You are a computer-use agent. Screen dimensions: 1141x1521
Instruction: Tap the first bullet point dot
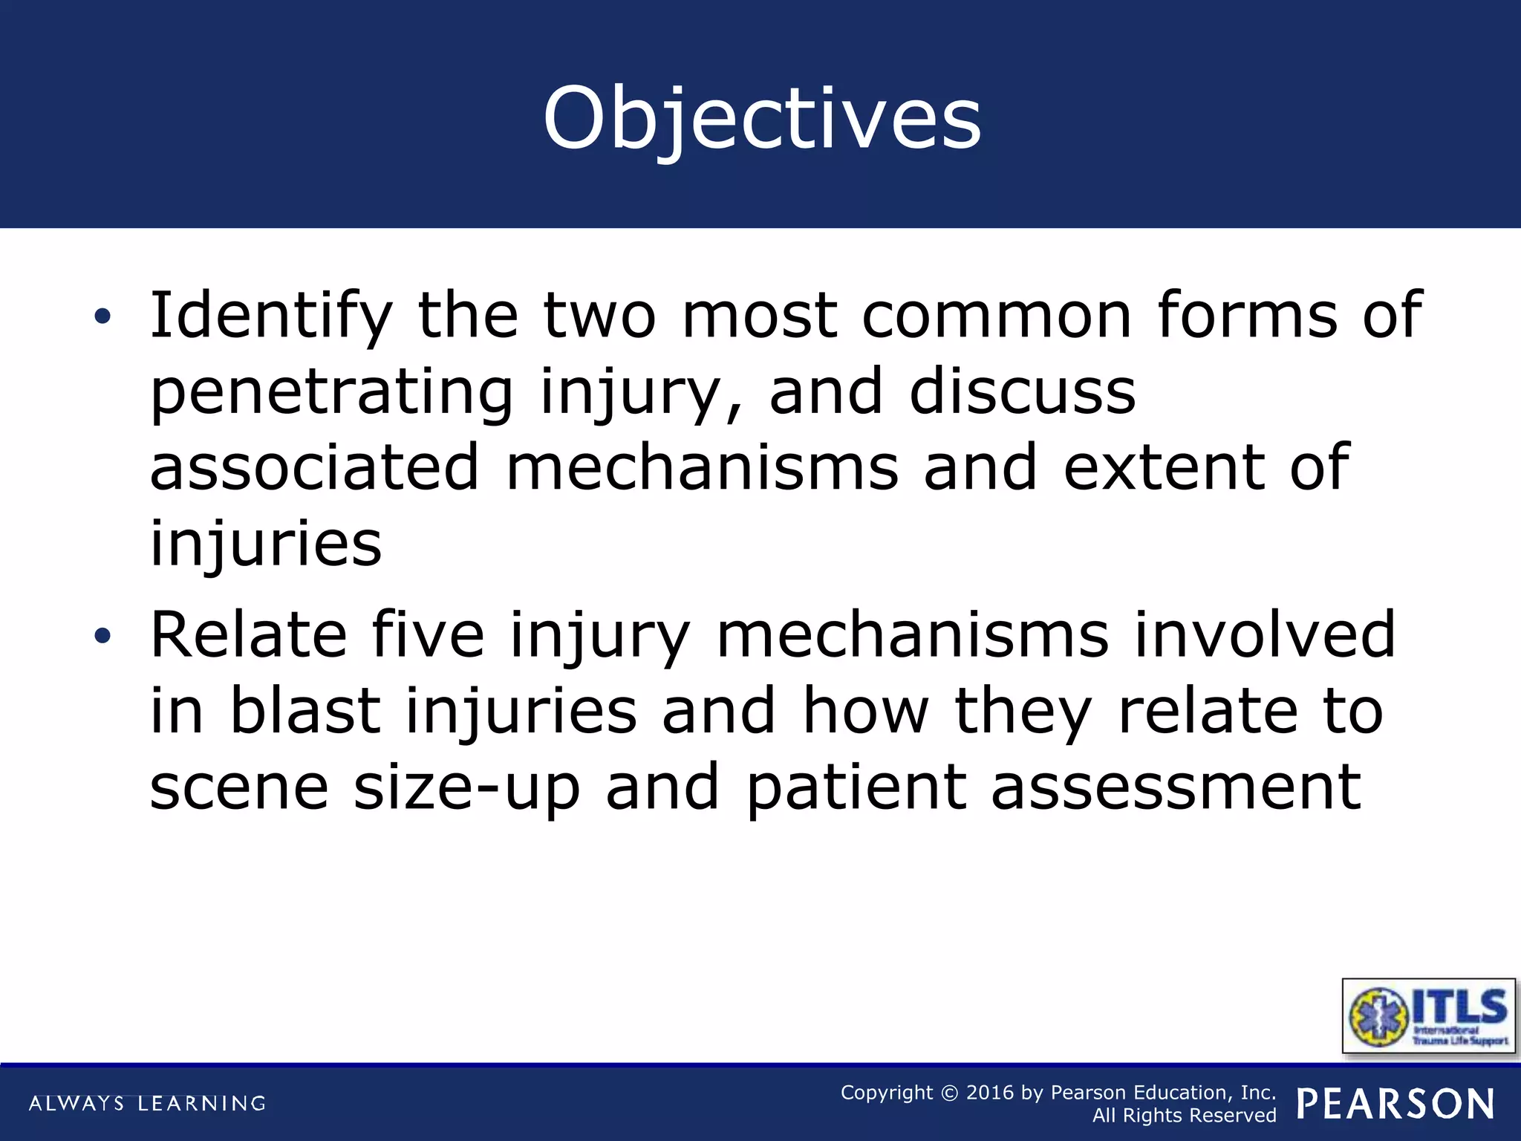tap(102, 317)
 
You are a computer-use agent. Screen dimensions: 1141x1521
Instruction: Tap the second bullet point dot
tap(102, 635)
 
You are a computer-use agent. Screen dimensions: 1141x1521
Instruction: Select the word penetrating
tap(331, 392)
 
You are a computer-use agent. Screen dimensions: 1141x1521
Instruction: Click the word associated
tap(315, 467)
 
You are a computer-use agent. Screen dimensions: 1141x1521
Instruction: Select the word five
tap(427, 634)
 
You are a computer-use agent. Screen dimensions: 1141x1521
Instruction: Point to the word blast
tap(305, 711)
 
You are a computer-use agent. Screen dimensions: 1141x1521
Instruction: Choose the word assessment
tap(1176, 787)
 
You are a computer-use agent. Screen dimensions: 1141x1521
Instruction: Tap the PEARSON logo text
tap(1395, 1104)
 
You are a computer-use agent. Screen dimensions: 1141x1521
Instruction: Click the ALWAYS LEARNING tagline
tap(147, 1103)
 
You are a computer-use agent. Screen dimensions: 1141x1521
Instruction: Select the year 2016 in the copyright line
tap(989, 1093)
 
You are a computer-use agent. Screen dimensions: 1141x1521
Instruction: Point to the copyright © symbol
tap(949, 1093)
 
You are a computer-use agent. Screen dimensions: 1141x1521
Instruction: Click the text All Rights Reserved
tap(1184, 1116)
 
